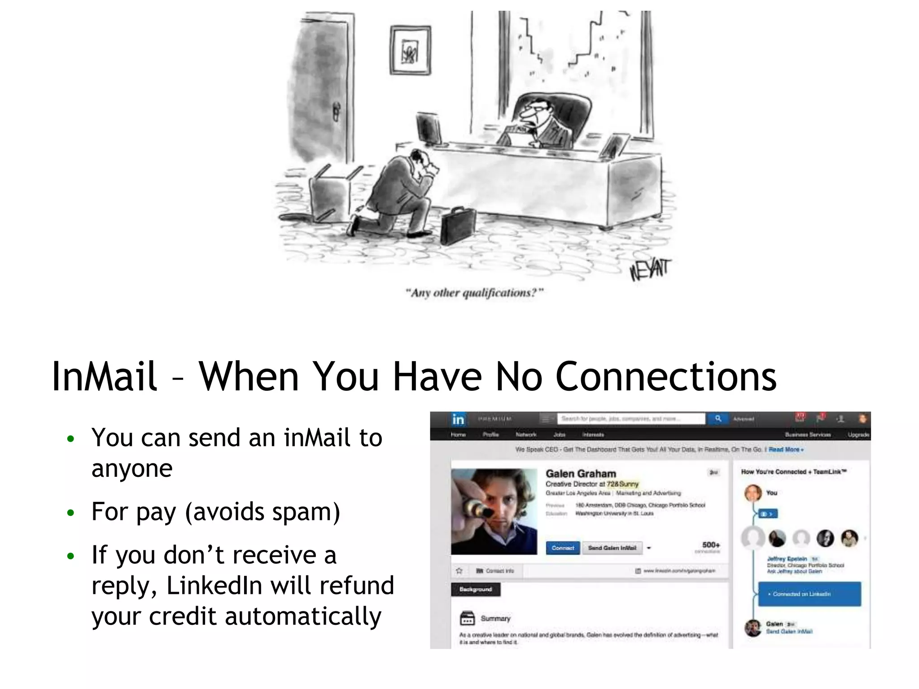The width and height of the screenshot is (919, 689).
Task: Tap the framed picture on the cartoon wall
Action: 410,50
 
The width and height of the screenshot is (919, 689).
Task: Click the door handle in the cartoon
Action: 336,112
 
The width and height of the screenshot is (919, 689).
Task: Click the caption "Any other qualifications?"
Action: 474,293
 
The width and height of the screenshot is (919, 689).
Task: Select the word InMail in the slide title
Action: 104,376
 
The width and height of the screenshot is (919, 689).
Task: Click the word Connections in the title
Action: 666,376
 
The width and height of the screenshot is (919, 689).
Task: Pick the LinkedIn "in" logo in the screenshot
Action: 458,419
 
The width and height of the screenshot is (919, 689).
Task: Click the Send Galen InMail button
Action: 612,548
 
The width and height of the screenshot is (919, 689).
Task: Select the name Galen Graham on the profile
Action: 581,474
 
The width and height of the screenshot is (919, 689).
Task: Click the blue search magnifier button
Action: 718,419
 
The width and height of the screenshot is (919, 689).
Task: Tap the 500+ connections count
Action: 711,545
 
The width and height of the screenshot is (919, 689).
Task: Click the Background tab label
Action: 475,589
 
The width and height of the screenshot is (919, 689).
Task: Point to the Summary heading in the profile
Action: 495,619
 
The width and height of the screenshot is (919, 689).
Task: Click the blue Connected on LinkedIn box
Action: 809,594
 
